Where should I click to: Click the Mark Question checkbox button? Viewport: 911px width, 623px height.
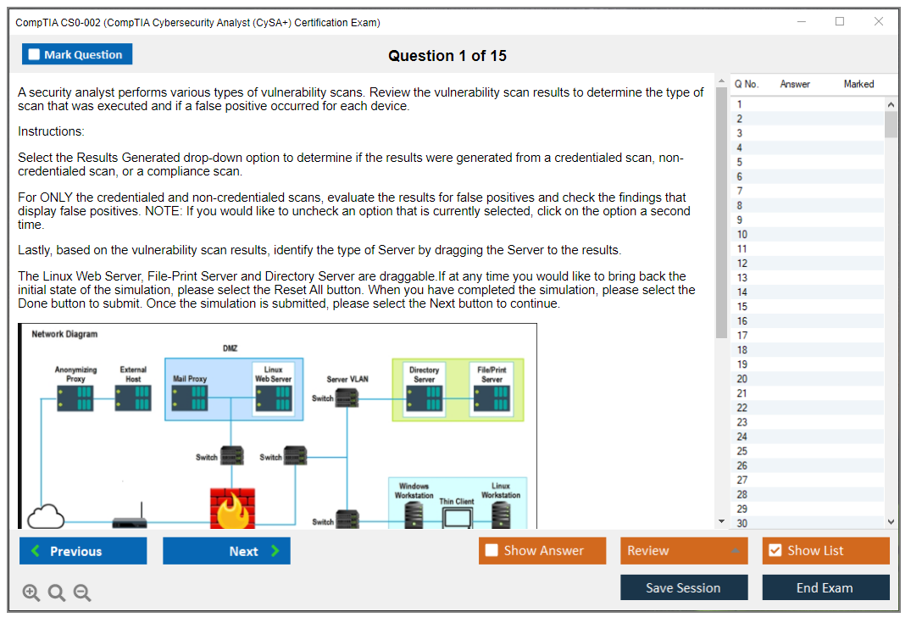tap(76, 54)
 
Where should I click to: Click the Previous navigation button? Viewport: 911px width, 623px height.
tap(83, 551)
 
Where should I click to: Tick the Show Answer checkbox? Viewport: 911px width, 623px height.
tap(492, 551)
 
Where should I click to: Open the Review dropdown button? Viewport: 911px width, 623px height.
tap(684, 551)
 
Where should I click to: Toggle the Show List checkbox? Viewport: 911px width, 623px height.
tap(775, 551)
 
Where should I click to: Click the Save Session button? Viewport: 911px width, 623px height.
tap(683, 587)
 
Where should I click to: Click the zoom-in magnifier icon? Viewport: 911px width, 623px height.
tap(31, 593)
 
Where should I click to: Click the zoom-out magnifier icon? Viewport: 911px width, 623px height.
tap(82, 593)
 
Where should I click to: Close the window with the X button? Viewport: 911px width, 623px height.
tap(879, 22)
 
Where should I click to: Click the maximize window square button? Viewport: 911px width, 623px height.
tap(840, 22)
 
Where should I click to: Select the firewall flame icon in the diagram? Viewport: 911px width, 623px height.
tap(231, 509)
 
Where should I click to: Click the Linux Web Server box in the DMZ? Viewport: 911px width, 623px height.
tap(273, 391)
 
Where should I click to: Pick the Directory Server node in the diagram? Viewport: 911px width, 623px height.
tap(424, 391)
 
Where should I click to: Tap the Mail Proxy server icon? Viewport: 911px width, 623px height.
tap(190, 397)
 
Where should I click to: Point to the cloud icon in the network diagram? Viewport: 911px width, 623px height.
tap(47, 515)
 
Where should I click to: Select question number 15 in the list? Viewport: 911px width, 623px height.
tap(742, 307)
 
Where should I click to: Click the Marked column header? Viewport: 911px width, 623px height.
tap(858, 84)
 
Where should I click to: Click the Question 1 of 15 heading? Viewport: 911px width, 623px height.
tap(447, 56)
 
